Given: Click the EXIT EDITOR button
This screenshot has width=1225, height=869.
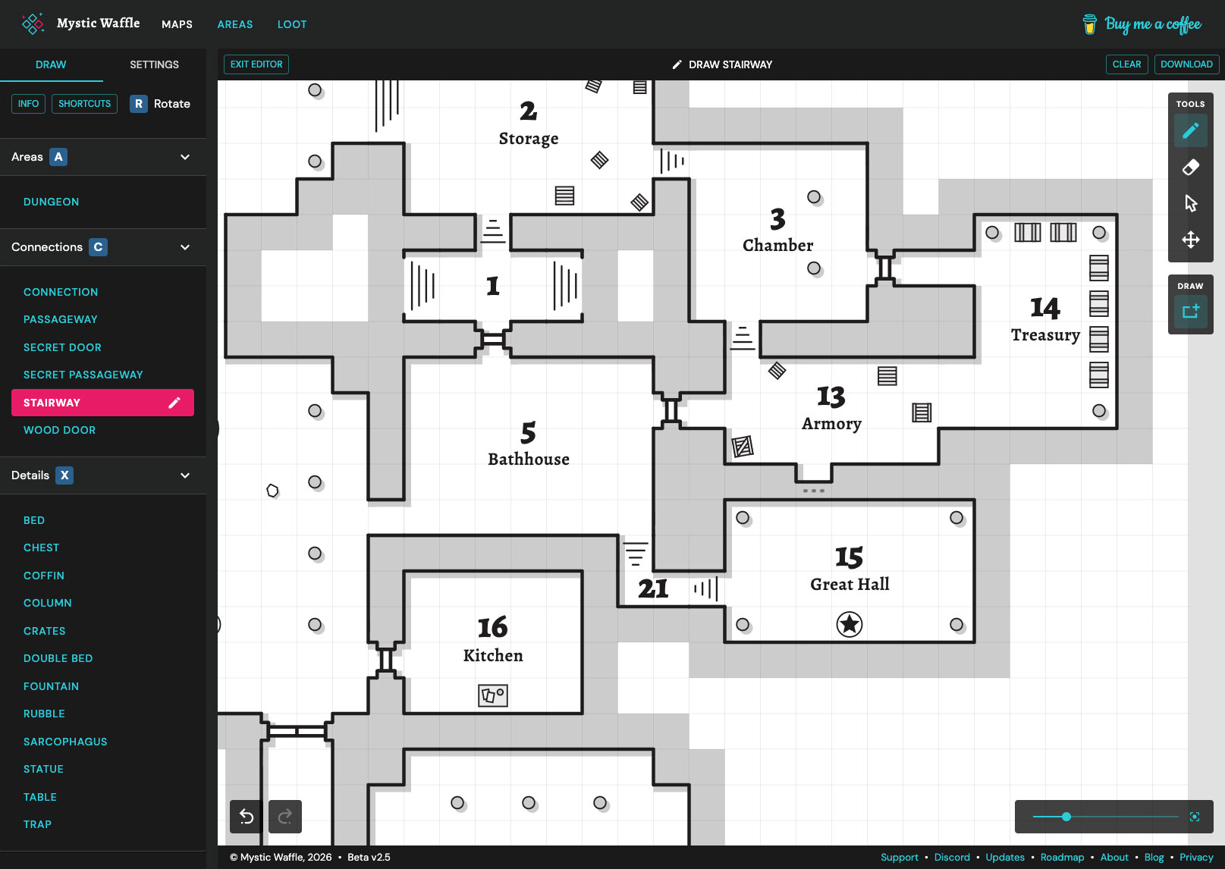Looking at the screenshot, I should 256,64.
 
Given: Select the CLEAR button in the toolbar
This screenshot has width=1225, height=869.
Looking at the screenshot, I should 1126,64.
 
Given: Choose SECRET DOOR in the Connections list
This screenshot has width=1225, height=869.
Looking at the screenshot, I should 62,347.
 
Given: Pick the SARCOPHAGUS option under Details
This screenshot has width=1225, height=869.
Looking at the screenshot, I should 65,742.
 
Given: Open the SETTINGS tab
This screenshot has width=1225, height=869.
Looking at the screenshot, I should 154,64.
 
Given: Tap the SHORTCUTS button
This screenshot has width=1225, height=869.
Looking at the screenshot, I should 84,104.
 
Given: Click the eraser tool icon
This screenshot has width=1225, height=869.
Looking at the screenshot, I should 1190,167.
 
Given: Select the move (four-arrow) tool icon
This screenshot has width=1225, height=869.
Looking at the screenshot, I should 1190,240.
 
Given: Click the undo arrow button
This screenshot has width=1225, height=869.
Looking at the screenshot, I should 247,816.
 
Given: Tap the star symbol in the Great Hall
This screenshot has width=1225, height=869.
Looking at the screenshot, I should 850,624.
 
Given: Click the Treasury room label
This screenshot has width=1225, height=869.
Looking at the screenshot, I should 1045,335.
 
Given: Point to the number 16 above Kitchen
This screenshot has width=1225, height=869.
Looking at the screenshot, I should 492,628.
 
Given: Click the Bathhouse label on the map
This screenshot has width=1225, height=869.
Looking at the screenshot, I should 529,460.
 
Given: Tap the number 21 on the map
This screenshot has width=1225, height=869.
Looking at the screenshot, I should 653,588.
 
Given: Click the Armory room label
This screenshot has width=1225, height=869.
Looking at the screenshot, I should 831,424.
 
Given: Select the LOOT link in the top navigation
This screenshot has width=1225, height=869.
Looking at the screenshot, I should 292,24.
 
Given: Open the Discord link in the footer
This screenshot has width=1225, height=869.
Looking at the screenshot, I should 952,858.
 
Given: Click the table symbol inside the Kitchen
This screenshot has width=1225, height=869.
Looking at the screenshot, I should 493,695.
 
